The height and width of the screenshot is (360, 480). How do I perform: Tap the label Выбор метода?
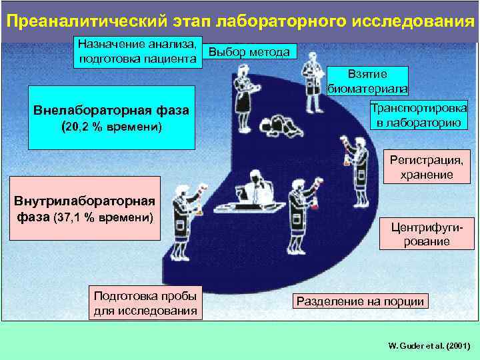point(249,52)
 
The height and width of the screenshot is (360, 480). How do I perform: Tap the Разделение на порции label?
point(360,301)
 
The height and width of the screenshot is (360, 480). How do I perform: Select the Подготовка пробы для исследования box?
point(145,303)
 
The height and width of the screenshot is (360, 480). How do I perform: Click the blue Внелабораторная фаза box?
point(111,117)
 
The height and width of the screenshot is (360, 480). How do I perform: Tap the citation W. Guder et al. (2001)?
point(429,346)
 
